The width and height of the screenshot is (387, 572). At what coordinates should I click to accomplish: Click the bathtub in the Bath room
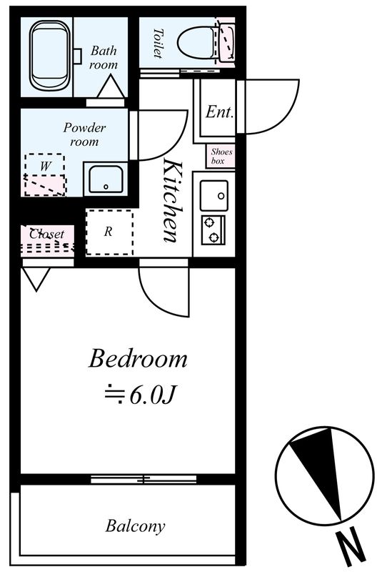point(49,55)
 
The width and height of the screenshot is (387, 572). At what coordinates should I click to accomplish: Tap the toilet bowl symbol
point(197,43)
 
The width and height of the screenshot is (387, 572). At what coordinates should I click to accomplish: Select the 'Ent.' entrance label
point(219,112)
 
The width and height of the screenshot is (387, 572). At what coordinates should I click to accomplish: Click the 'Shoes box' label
point(221,156)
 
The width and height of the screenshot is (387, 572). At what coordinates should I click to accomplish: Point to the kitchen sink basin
point(214,195)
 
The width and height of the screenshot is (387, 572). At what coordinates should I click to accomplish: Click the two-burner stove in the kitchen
point(213,230)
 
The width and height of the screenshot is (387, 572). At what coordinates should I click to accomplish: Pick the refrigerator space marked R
point(109,232)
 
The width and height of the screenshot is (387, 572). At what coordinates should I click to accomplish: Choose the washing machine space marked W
point(45,174)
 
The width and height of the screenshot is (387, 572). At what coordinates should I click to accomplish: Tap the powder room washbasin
point(106,179)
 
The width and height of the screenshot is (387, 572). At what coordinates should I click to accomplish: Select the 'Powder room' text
point(84,134)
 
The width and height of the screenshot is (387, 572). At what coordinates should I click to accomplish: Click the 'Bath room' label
point(104,58)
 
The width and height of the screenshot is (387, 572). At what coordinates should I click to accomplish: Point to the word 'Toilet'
point(158,44)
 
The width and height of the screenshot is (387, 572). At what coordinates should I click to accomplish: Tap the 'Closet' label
point(46,234)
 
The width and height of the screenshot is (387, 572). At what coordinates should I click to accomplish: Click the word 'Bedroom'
point(138,359)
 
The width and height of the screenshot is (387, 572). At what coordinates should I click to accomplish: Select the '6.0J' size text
point(153,395)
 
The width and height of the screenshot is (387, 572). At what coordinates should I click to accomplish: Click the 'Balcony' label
point(135,526)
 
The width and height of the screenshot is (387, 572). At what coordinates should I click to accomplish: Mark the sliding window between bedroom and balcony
point(144,479)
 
